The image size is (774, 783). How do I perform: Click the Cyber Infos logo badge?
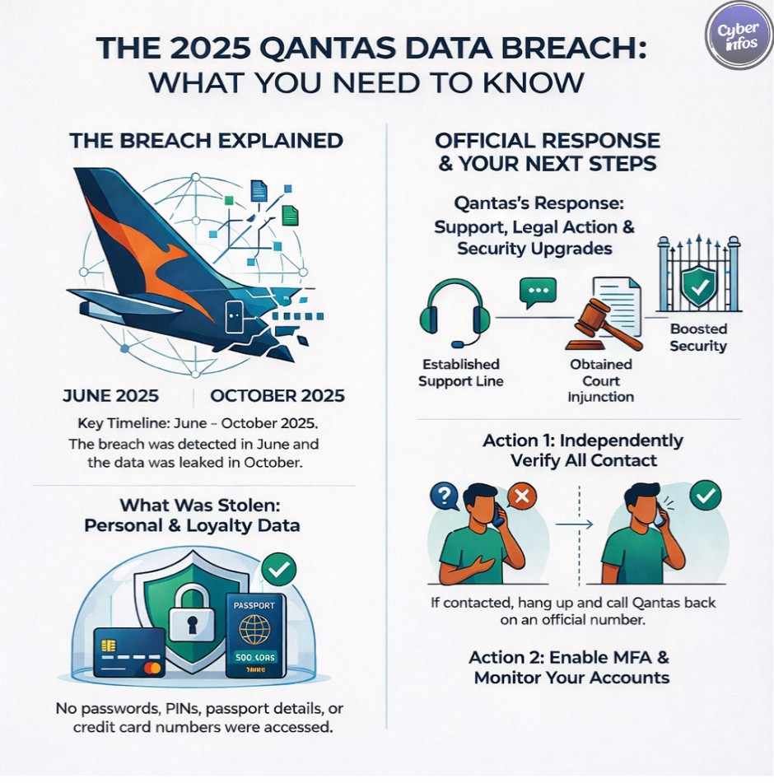point(738,35)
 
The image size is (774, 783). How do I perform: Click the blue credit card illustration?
point(129,652)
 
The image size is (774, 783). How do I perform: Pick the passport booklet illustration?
point(255,635)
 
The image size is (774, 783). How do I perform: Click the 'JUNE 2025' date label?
point(111,395)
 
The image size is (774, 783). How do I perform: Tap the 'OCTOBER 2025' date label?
point(277,395)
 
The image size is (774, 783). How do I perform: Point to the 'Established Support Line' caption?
point(459,372)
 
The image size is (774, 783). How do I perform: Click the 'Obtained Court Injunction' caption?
point(601,380)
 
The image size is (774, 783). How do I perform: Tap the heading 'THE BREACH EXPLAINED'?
point(206,141)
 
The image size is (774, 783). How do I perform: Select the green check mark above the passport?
point(278,568)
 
